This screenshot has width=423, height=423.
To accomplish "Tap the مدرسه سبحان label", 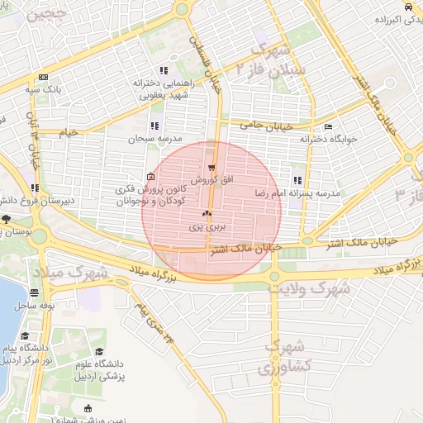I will (154, 139).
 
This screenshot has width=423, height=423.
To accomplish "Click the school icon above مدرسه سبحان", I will (154, 126).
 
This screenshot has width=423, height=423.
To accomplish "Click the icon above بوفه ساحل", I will (34, 292).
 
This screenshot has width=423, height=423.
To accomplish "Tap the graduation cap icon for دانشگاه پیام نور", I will (26, 336).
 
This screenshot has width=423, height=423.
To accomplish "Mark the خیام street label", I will (69, 131).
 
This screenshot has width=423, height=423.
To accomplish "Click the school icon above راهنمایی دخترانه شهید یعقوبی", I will (164, 70).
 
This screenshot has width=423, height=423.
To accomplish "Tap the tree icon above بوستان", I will (6, 219).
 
